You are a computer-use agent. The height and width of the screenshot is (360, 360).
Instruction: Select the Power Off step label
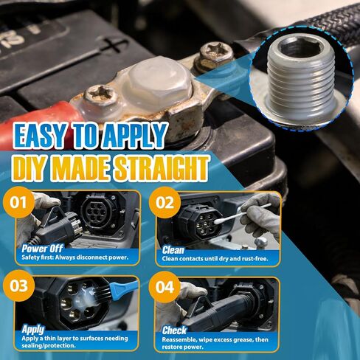41,249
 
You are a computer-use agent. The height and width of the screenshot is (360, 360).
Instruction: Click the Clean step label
174,249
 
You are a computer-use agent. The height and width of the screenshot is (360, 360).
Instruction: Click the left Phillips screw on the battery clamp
97,94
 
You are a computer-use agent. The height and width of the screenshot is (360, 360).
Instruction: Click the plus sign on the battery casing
111,46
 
